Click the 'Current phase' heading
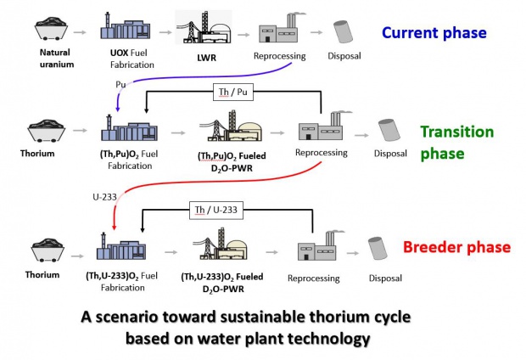pyautogui.click(x=434, y=33)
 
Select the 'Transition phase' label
pyautogui.click(x=456, y=143)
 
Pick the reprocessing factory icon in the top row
pyautogui.click(x=281, y=31)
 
